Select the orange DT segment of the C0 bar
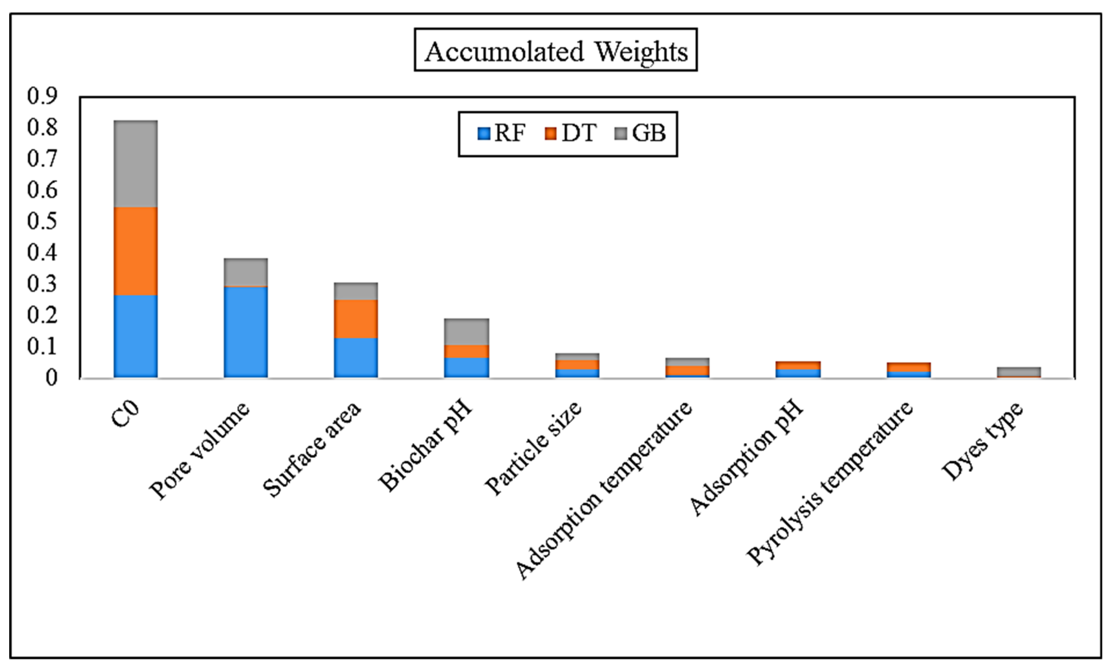pyautogui.click(x=136, y=251)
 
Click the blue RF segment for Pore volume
pyautogui.click(x=246, y=332)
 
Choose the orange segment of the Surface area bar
pyautogui.click(x=356, y=319)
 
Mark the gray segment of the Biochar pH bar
pyautogui.click(x=466, y=332)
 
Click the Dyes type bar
pyautogui.click(x=1019, y=372)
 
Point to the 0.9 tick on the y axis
pyautogui.click(x=42, y=96)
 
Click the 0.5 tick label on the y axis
pyautogui.click(x=42, y=221)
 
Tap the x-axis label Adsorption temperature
pyautogui.click(x=605, y=490)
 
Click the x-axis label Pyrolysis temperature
pyautogui.click(x=830, y=483)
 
